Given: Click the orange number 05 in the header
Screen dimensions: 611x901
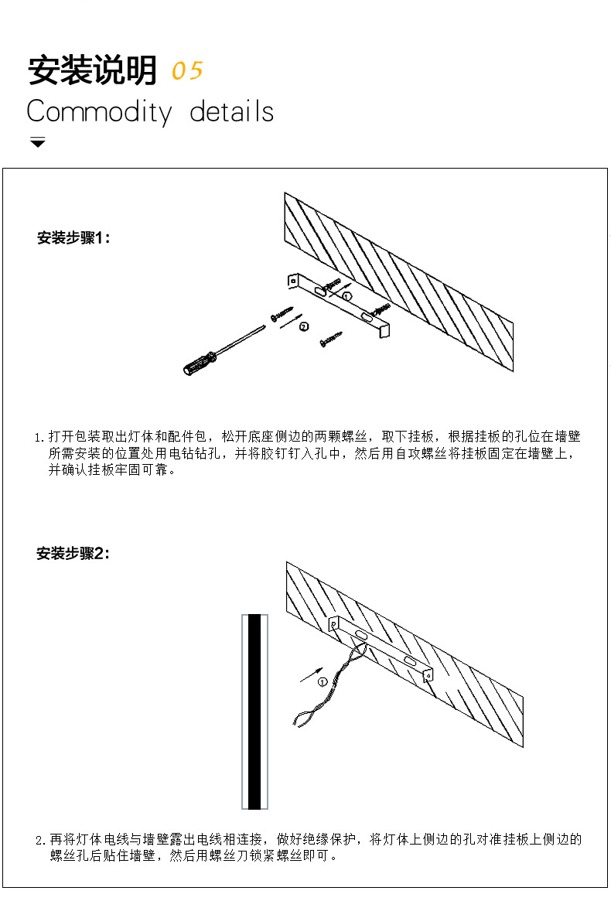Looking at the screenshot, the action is point(187,71).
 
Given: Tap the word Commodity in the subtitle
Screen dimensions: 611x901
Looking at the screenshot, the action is point(99,112).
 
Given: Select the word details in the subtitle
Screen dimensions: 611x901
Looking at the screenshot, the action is point(232,111).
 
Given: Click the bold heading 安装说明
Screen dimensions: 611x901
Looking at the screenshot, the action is point(92,70).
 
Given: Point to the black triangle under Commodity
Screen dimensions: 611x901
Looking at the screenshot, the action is point(38,142).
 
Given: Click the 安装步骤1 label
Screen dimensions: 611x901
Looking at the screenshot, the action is point(73,238).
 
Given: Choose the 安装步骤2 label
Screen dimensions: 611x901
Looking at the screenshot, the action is point(73,553).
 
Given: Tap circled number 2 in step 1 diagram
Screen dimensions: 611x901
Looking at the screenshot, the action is point(304,326).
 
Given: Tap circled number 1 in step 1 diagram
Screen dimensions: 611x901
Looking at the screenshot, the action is point(347,296).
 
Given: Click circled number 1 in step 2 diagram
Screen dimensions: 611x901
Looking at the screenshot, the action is point(322,682).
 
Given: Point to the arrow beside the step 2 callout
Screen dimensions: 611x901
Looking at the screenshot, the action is point(311,674).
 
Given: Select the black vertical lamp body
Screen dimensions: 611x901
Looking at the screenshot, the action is point(254,712).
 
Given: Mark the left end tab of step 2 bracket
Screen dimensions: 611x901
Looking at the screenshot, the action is point(333,624).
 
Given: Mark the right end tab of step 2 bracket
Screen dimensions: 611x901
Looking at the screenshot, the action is point(428,674).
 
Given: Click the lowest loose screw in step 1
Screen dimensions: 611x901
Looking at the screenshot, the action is point(331,339).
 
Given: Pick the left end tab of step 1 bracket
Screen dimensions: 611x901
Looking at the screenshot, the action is point(293,281).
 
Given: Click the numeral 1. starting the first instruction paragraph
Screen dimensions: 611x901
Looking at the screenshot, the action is point(39,438).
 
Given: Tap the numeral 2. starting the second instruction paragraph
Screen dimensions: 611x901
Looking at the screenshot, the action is point(39,841).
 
